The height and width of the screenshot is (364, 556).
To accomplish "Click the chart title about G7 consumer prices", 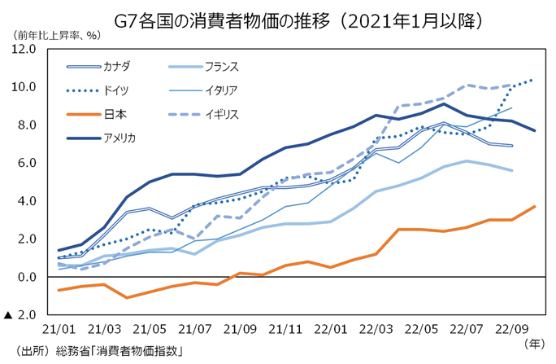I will (x=277, y=17).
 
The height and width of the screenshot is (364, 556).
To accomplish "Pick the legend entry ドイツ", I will (x=115, y=90).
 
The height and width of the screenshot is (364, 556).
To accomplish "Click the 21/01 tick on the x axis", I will (x=59, y=330).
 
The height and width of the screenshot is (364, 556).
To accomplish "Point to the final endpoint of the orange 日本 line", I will (x=533, y=207).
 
